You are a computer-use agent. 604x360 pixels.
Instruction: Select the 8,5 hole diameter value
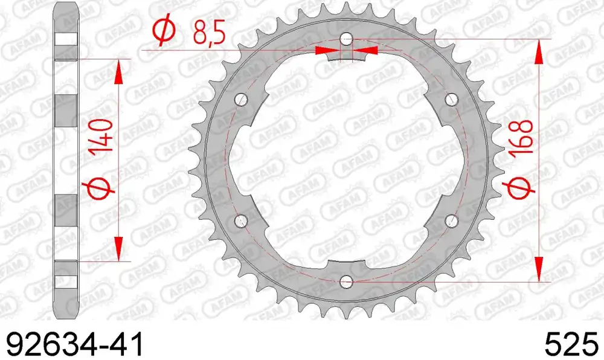tap(209, 34)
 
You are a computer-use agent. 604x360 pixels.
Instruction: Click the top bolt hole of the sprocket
tap(345, 39)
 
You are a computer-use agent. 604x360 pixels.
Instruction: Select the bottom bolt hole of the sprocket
tap(345, 281)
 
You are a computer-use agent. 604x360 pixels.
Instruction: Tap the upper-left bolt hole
tap(240, 99)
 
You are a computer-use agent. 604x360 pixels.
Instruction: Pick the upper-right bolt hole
tap(450, 99)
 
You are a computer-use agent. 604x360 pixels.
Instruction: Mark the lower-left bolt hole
tap(240, 220)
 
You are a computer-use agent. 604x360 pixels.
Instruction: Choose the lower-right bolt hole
tap(450, 220)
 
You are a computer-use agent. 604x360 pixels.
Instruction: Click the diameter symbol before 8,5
tap(164, 34)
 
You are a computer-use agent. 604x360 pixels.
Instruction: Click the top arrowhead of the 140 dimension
tap(118, 71)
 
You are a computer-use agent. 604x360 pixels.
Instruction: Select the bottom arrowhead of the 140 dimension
tap(118, 249)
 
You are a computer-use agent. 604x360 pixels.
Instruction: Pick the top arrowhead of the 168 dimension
tap(538, 51)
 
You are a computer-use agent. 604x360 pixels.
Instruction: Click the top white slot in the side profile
tap(66, 37)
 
